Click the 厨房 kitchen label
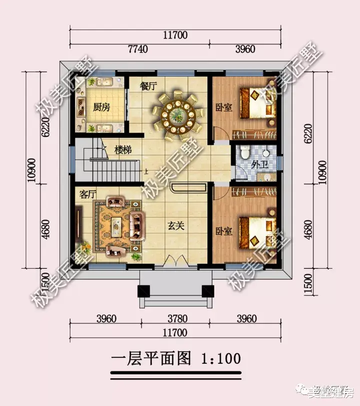click(101, 108)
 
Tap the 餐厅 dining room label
click(148, 86)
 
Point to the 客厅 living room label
click(88, 194)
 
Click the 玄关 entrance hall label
click(176, 225)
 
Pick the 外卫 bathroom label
click(259, 164)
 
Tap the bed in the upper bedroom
click(256, 103)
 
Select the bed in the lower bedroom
click(256, 231)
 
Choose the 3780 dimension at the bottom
click(175, 319)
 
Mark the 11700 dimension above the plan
click(175, 35)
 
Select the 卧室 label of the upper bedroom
click(223, 107)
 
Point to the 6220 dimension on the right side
click(308, 132)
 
